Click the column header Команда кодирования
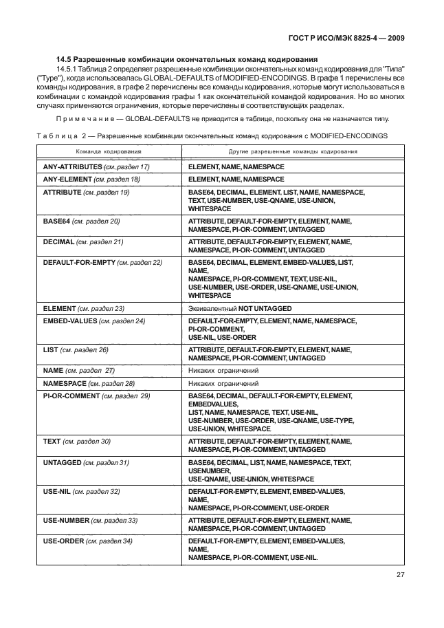[x=109, y=150]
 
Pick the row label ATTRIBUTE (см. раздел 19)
[x=86, y=192]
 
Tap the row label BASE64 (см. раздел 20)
[x=81, y=221]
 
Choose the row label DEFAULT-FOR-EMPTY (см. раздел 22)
[x=102, y=263]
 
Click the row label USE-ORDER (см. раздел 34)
[x=87, y=541]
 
